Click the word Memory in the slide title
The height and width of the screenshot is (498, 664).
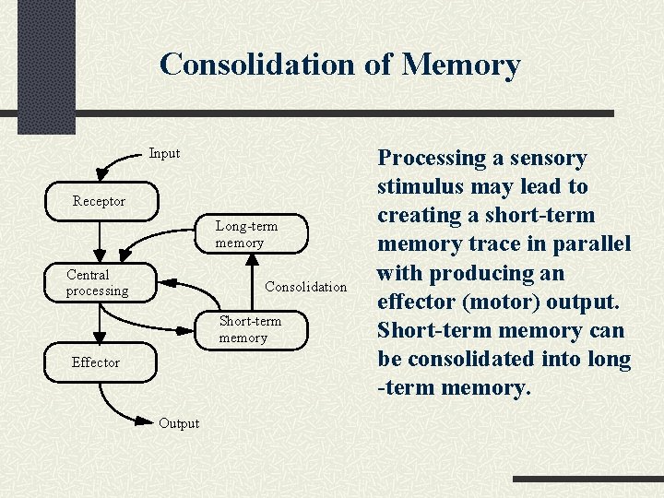coord(461,65)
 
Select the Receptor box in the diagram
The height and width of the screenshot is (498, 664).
coord(100,202)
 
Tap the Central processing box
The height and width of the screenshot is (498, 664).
coord(98,283)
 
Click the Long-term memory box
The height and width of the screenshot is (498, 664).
coord(246,234)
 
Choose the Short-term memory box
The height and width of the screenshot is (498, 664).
coord(250,329)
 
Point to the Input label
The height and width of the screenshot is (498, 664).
coord(164,153)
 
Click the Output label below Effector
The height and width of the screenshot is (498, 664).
coord(179,423)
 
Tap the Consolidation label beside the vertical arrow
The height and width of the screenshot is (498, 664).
coord(305,287)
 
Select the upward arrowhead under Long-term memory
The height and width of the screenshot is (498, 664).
coord(253,261)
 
